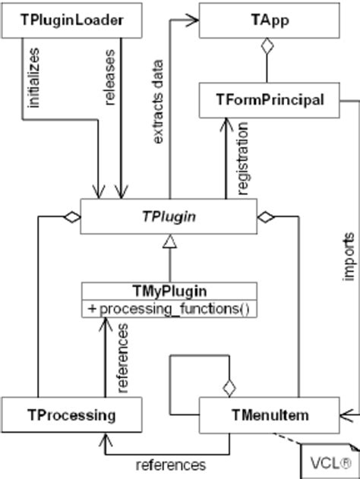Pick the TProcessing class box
pos(71,414)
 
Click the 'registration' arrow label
pos(243,161)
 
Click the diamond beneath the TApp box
pos(266,47)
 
